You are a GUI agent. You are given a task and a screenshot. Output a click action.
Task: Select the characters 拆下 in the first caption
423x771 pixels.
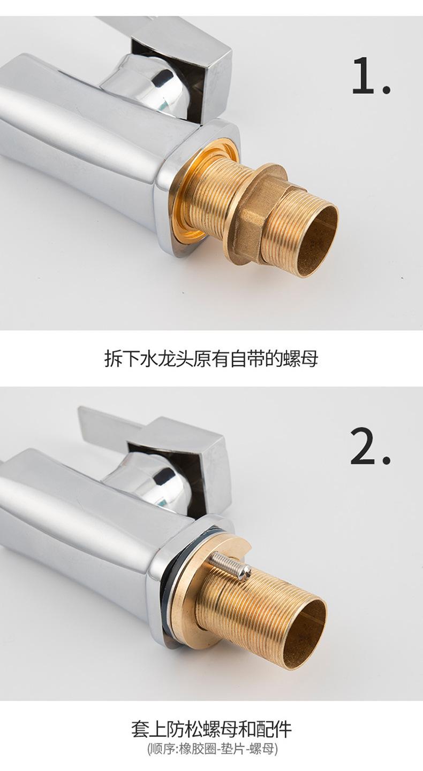pos(122,358)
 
